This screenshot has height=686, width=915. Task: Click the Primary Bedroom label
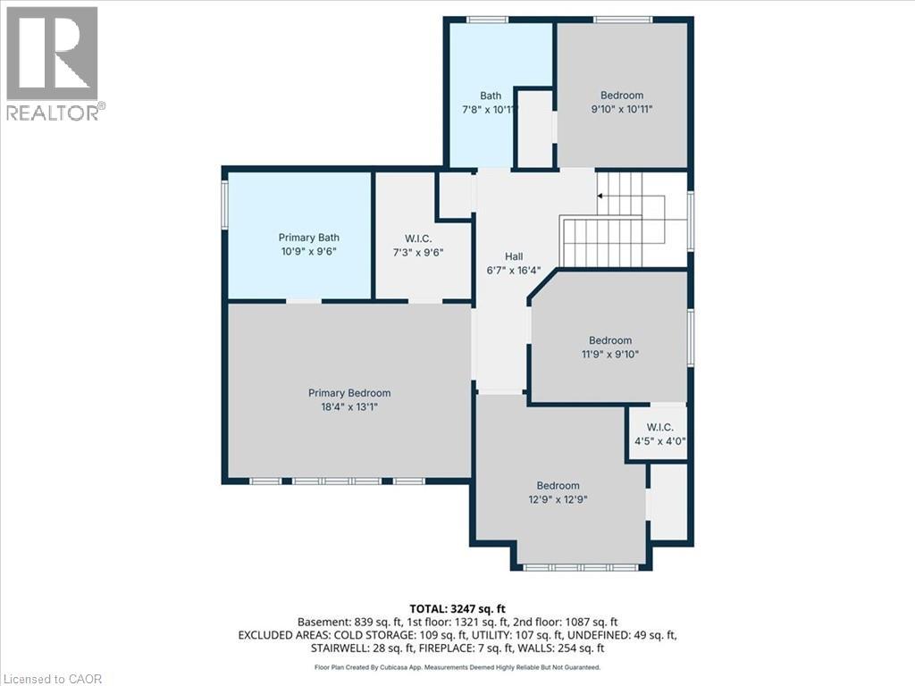click(349, 393)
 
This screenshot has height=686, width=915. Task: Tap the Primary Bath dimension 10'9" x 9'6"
click(308, 252)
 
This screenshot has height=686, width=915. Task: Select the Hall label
click(514, 256)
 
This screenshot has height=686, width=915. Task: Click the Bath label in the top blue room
click(491, 96)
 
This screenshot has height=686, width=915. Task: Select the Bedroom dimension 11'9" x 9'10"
click(609, 354)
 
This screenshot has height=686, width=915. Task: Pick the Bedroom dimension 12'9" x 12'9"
click(558, 500)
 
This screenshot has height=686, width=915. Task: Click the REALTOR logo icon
click(52, 54)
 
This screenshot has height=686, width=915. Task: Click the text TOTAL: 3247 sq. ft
click(457, 608)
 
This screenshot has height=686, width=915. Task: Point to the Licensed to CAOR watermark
click(53, 678)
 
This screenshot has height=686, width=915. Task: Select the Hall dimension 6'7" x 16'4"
click(514, 271)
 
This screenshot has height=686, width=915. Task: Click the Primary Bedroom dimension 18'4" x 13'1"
click(349, 407)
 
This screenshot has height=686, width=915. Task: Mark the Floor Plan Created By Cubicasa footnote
click(457, 666)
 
